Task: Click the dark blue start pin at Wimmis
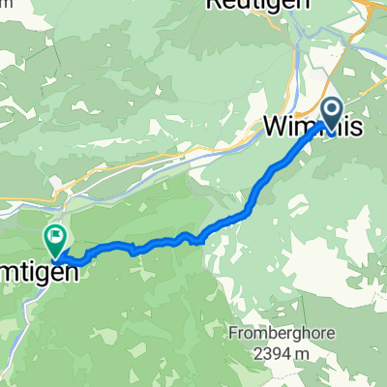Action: click(x=331, y=114)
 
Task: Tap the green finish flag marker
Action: click(x=55, y=236)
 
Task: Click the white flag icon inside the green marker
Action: click(x=55, y=234)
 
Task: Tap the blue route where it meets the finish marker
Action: click(x=60, y=256)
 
